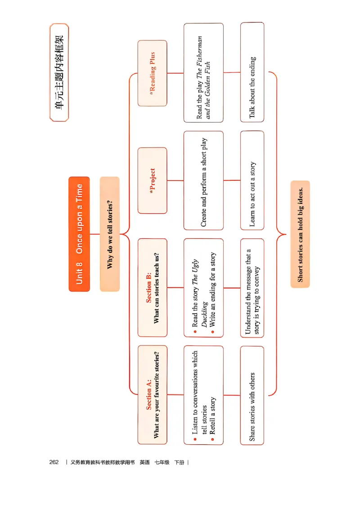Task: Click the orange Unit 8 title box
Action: click(79, 234)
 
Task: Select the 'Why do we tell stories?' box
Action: click(110, 234)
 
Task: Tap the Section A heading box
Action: click(152, 395)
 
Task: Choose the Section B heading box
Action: click(152, 288)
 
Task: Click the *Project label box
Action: click(152, 181)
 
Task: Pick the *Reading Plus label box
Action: click(152, 73)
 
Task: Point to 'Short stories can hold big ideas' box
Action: click(300, 234)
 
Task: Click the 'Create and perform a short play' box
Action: click(203, 181)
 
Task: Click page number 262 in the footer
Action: click(54, 462)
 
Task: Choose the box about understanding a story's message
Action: click(252, 288)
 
